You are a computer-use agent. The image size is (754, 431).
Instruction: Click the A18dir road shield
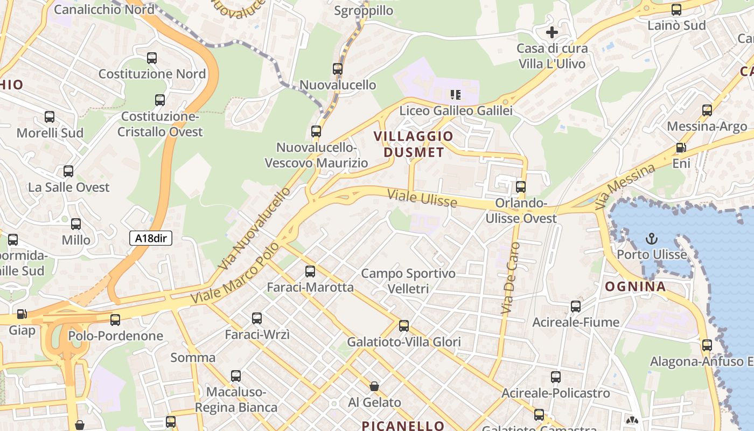(150, 238)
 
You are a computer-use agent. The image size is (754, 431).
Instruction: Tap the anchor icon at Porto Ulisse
(652, 238)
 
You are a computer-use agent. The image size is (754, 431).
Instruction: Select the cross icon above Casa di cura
(552, 32)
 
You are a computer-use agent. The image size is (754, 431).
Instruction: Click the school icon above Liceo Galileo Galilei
(456, 95)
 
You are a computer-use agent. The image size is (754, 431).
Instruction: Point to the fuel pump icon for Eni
(681, 147)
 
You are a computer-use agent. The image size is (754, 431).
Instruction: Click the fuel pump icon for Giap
(22, 314)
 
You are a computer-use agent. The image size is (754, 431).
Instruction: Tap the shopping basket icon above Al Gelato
(374, 386)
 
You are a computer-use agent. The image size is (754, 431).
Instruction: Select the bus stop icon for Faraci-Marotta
(310, 272)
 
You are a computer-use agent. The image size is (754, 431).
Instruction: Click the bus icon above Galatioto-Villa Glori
(404, 326)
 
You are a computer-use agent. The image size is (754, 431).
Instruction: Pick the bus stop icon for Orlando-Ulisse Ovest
(521, 187)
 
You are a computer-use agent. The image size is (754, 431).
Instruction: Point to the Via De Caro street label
(510, 279)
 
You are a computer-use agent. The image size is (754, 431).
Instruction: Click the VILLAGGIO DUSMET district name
(414, 144)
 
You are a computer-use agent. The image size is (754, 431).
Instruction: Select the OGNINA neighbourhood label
(636, 287)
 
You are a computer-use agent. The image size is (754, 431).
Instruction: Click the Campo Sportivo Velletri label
(408, 281)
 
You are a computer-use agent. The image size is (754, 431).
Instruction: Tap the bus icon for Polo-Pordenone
(115, 320)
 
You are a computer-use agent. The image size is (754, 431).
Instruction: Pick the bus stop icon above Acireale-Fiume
(576, 307)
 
